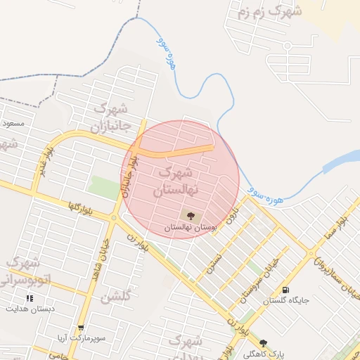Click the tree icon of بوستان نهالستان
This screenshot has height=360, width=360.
(191, 216)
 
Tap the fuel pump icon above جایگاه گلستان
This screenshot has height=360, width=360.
(285, 290)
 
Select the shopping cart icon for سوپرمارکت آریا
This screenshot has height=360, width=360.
(82, 328)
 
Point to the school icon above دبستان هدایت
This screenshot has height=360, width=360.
(30, 298)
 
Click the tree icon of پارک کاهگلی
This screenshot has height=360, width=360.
(263, 343)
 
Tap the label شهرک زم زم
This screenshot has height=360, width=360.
(269, 12)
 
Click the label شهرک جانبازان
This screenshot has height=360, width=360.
(110, 117)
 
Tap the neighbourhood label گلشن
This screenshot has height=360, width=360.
(116, 297)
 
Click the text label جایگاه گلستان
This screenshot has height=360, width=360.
(287, 301)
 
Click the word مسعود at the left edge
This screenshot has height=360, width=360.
(13, 123)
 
